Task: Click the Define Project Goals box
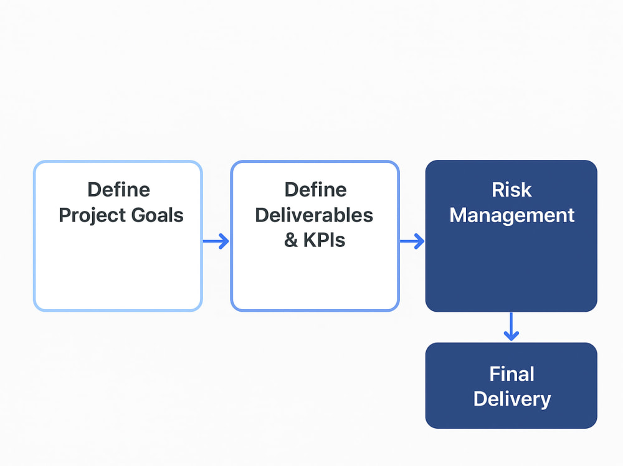point(118,236)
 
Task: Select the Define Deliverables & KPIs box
point(315,236)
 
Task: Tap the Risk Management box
point(511,236)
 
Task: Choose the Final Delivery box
point(511,385)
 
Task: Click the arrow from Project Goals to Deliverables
point(216,241)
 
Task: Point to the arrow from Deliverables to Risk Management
point(412,241)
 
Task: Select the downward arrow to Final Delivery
point(511,327)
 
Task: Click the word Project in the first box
point(92,216)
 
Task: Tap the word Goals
point(158,215)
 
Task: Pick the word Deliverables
point(314,215)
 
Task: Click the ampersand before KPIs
point(291,240)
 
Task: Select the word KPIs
point(324,240)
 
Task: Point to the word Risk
point(511,190)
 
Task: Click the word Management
point(511,216)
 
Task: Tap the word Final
point(511,374)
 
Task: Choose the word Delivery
point(512,399)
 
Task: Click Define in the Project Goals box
point(119,190)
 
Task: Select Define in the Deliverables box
point(315,190)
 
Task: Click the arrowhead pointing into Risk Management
point(419,241)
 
